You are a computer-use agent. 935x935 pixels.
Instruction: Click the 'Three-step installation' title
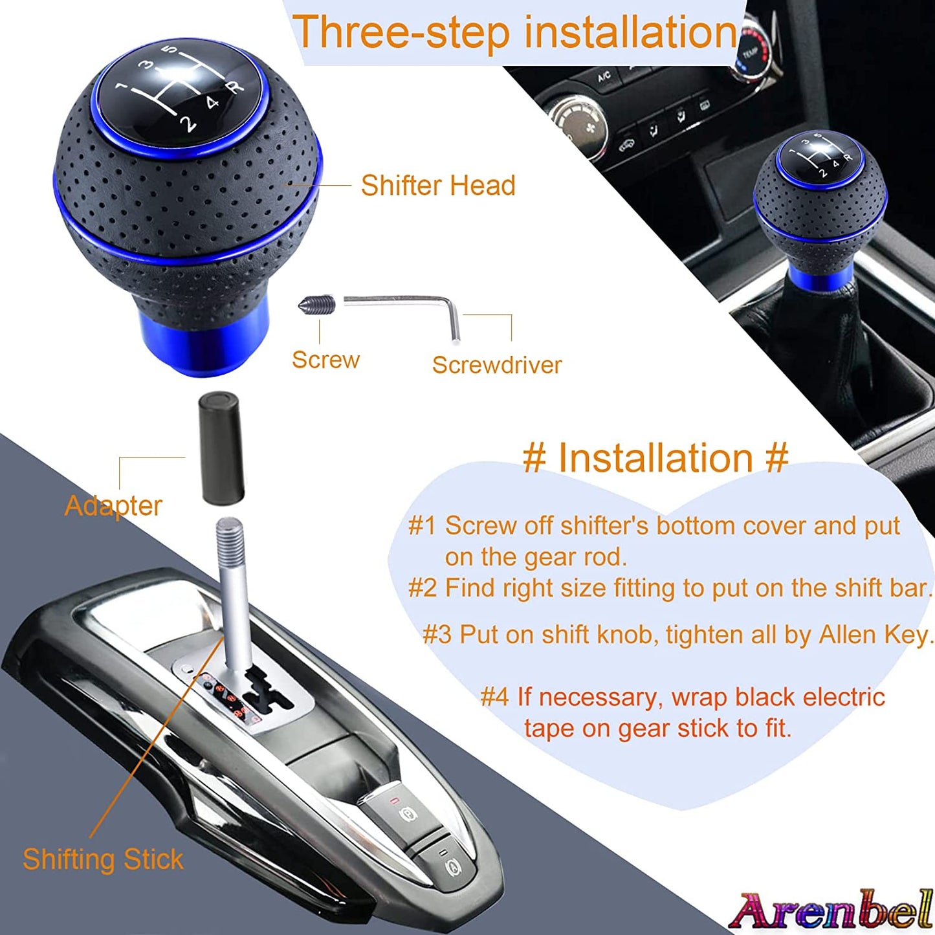[514, 32]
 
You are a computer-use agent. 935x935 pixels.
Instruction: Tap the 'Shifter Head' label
[438, 186]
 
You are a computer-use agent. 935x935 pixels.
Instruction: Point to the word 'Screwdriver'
[496, 365]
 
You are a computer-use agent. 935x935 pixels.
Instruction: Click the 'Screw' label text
[325, 360]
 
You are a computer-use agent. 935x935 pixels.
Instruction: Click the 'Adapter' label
[113, 505]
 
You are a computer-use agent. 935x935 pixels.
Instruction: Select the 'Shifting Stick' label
[103, 859]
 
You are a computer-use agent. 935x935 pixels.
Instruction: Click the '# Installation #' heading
[655, 458]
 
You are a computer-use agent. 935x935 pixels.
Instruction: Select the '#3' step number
[437, 635]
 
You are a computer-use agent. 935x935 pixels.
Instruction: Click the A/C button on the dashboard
[604, 77]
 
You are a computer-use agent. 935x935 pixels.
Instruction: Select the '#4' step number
[495, 698]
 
